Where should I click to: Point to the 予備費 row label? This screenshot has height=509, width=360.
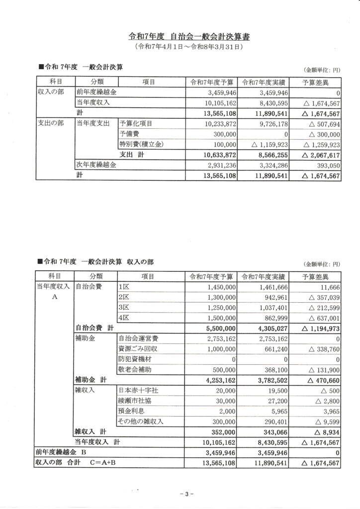tap(128, 134)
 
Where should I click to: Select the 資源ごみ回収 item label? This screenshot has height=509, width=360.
tap(138, 349)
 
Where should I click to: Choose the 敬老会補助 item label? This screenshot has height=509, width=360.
tap(135, 370)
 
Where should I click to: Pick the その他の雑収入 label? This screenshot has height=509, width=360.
tap(141, 422)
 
